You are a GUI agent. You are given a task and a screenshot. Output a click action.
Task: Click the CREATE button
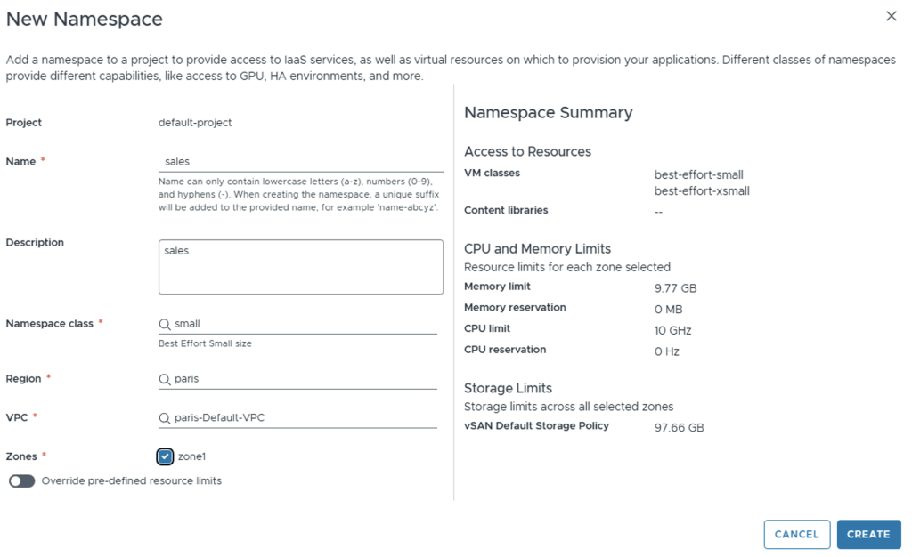pyautogui.click(x=868, y=534)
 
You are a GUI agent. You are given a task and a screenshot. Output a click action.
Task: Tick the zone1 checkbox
pyautogui.click(x=165, y=456)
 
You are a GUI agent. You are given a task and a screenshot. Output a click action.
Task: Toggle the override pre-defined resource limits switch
pyautogui.click(x=21, y=480)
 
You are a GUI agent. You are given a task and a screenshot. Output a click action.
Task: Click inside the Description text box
pyautogui.click(x=301, y=267)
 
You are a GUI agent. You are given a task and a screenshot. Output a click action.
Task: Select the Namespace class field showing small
pyautogui.click(x=303, y=324)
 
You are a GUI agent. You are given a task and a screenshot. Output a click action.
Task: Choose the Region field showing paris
pyautogui.click(x=303, y=379)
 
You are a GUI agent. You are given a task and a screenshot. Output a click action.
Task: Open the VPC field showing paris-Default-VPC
pyautogui.click(x=303, y=418)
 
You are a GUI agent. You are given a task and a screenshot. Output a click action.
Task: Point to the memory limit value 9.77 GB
pyautogui.click(x=675, y=288)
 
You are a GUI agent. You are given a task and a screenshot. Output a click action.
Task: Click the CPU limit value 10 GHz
pyautogui.click(x=672, y=330)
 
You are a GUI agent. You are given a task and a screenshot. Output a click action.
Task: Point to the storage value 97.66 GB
pyautogui.click(x=679, y=428)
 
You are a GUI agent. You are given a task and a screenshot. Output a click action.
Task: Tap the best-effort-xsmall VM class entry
pyautogui.click(x=702, y=191)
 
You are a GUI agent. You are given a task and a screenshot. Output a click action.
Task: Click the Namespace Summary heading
pyautogui.click(x=548, y=113)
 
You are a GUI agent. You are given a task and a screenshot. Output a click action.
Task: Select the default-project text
pyautogui.click(x=195, y=123)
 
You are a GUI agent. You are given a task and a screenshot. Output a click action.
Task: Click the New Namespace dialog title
pyautogui.click(x=85, y=19)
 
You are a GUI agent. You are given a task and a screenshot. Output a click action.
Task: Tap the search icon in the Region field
pyautogui.click(x=165, y=379)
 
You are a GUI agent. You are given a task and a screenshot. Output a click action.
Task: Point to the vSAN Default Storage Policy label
pyautogui.click(x=536, y=426)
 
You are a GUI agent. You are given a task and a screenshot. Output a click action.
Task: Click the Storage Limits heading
pyautogui.click(x=508, y=388)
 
